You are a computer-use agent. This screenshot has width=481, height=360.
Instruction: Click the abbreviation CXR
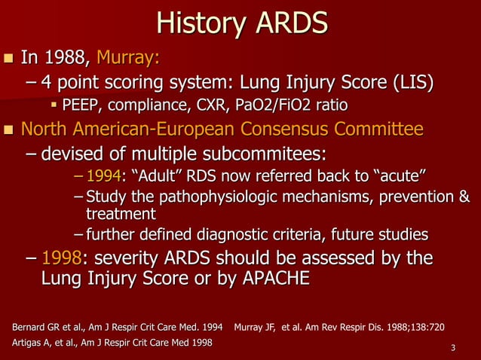tap(215, 104)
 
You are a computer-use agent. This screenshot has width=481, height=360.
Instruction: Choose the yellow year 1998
tap(61, 258)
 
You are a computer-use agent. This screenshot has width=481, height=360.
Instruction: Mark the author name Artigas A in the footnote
tap(32, 343)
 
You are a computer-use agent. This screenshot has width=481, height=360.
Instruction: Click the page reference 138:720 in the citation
tap(423, 327)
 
